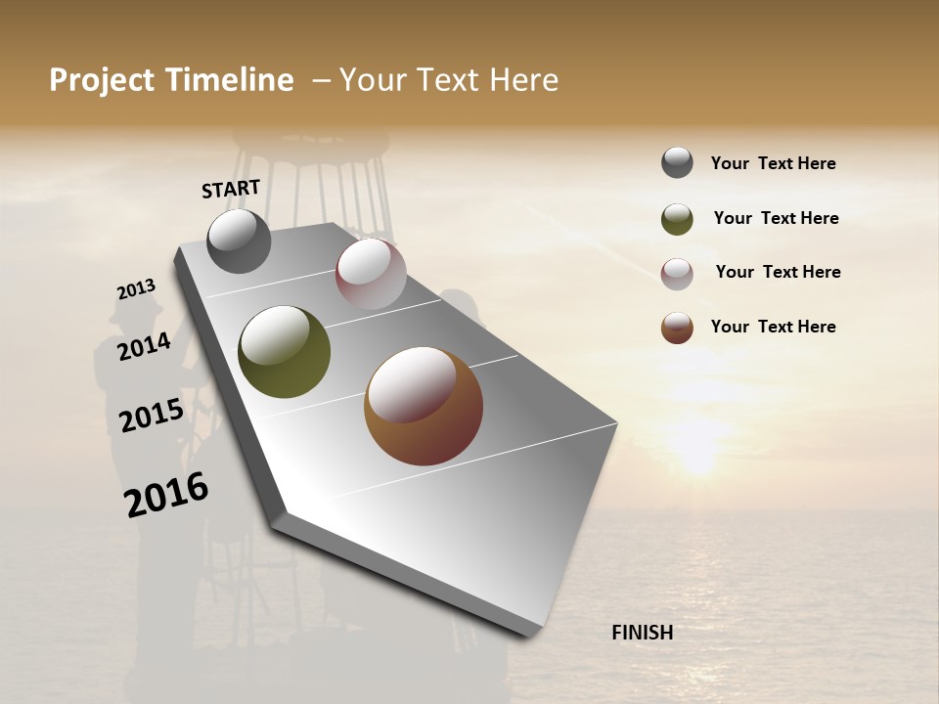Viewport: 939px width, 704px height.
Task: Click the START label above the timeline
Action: click(231, 189)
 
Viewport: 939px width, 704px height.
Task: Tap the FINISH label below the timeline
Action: click(642, 633)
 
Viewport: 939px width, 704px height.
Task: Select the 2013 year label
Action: click(136, 289)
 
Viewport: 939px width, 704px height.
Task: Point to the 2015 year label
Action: click(152, 416)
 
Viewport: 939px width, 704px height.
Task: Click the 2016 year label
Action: click(166, 495)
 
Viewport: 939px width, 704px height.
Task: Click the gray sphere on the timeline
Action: click(239, 241)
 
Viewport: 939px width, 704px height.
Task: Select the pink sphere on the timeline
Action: click(371, 274)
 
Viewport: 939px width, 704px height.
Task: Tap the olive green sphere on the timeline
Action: click(285, 352)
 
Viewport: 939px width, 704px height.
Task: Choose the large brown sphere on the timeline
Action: click(424, 406)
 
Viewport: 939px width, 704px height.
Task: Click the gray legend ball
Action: click(677, 163)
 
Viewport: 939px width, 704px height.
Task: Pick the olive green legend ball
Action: click(677, 219)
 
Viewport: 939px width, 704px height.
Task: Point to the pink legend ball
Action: click(677, 274)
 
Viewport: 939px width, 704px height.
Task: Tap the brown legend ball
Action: click(677, 328)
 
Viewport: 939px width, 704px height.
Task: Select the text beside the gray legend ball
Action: click(773, 163)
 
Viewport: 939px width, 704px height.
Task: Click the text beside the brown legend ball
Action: click(773, 327)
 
